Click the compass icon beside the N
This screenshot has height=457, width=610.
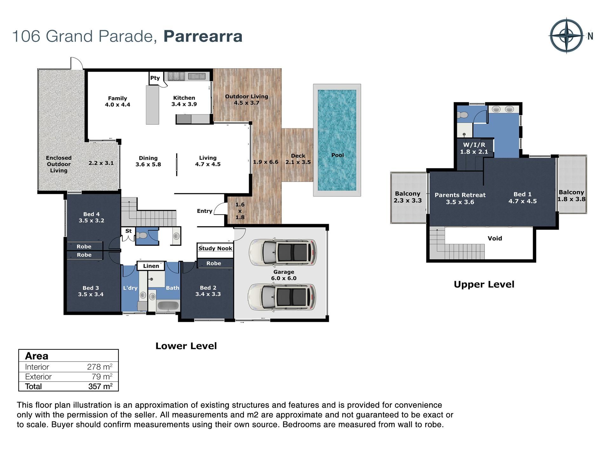tap(566, 36)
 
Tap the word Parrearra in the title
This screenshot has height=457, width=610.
tap(203, 36)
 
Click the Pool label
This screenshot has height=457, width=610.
tap(337, 155)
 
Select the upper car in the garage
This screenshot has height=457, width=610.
tap(282, 252)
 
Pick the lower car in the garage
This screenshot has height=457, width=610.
tap(282, 297)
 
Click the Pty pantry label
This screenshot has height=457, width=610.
tap(155, 78)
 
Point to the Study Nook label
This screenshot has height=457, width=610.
tap(215, 248)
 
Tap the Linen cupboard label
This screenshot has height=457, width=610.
tap(151, 266)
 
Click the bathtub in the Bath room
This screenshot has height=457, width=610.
tap(168, 306)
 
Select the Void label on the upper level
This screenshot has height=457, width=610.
tap(495, 238)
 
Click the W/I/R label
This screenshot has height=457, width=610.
tap(474, 145)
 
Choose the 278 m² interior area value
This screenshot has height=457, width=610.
tap(100, 367)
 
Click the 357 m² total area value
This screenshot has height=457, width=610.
tap(100, 386)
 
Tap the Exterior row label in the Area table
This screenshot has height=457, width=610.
tap(38, 377)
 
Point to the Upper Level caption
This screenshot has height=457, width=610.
tap(484, 284)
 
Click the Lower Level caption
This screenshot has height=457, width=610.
tap(186, 346)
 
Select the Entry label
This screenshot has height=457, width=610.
tap(205, 211)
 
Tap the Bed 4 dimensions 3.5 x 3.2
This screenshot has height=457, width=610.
tap(91, 221)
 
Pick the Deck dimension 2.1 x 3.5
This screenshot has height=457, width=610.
tap(298, 162)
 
